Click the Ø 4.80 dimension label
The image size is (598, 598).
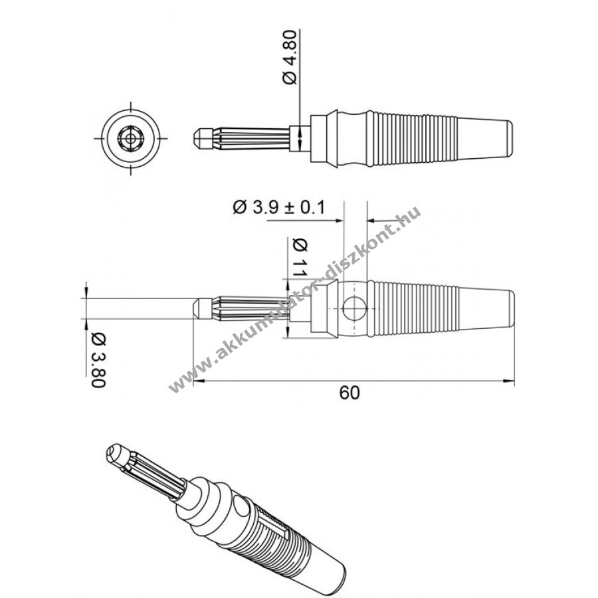[290, 57]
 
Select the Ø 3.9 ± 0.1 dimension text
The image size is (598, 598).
[279, 207]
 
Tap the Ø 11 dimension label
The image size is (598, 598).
[300, 258]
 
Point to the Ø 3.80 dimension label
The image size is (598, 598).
[98, 360]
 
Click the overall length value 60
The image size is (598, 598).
[349, 393]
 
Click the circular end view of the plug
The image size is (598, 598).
[131, 138]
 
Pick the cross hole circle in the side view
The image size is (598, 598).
[354, 309]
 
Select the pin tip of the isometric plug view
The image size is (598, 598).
[115, 454]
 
